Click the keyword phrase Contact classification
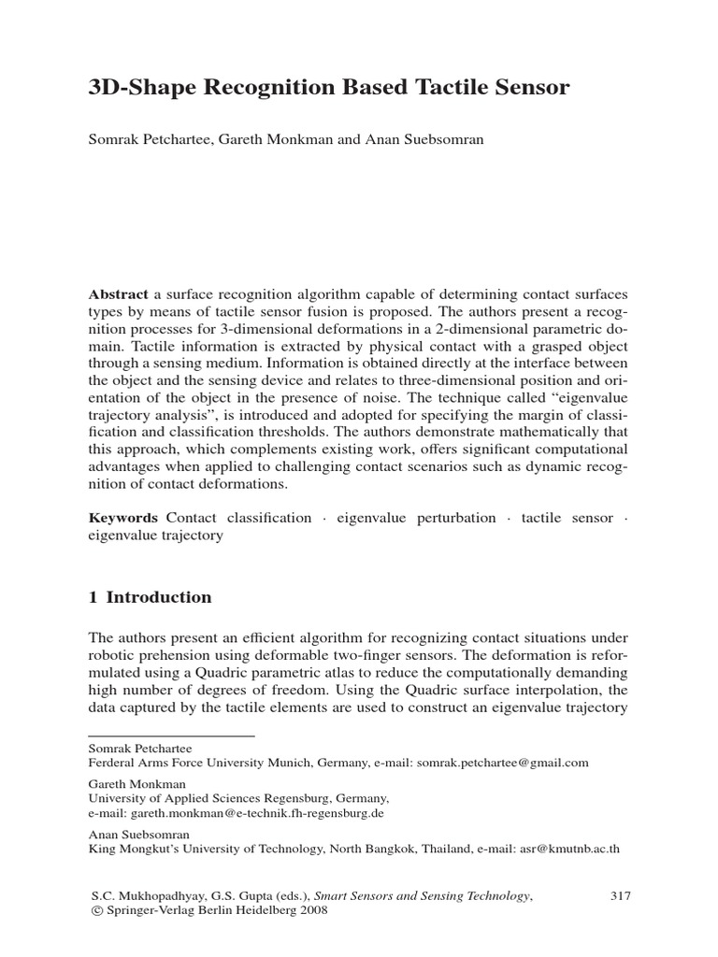click(x=238, y=518)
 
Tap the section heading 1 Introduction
click(x=150, y=597)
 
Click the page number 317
click(x=621, y=896)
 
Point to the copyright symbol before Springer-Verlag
click(x=94, y=912)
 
